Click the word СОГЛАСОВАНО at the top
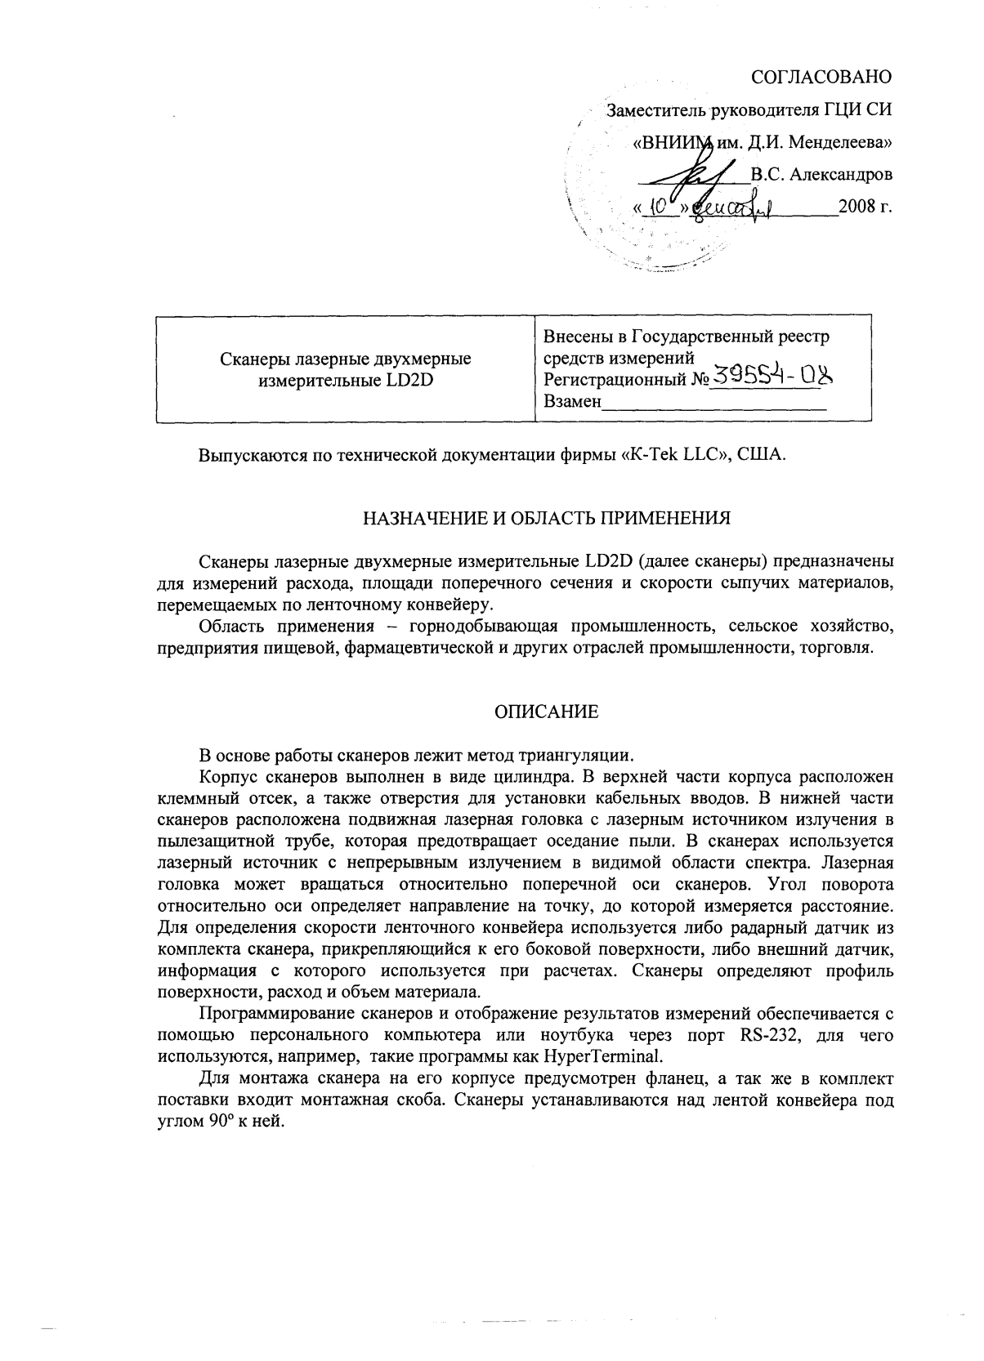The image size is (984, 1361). click(x=821, y=78)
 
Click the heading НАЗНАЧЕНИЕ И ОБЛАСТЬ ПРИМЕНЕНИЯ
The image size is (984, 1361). click(x=546, y=518)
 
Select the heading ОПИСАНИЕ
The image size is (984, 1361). click(x=546, y=712)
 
